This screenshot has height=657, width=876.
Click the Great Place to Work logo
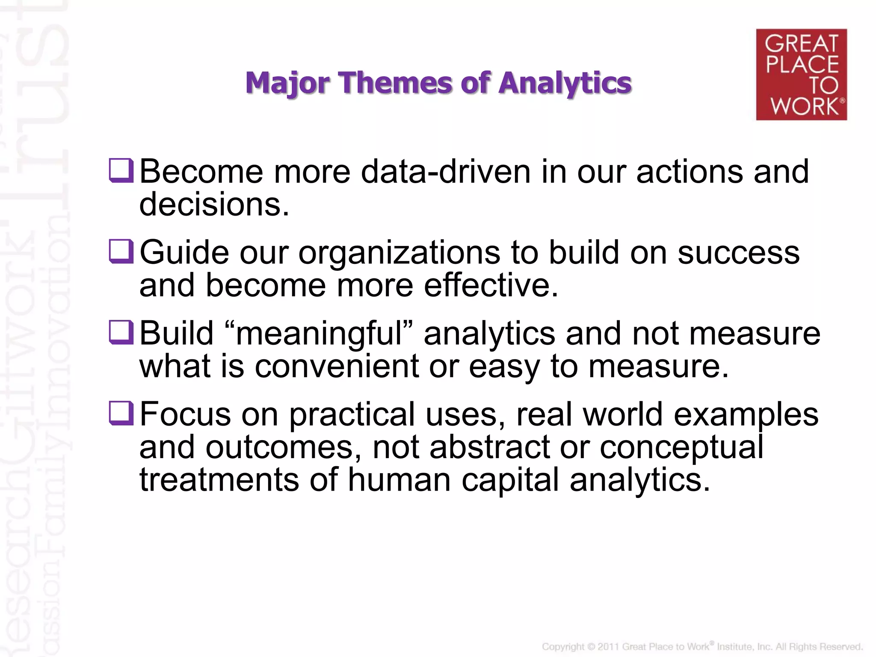click(801, 74)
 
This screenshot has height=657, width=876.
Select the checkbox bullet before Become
click(121, 171)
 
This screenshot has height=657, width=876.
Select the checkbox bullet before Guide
click(121, 252)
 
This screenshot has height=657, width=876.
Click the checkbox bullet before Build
click(121, 332)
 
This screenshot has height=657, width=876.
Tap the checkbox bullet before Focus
click(121, 413)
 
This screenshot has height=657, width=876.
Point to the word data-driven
click(445, 172)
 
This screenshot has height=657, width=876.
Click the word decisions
click(214, 204)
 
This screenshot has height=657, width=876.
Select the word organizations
click(399, 253)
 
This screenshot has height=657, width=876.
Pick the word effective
click(491, 285)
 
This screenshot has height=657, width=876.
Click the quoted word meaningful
click(319, 334)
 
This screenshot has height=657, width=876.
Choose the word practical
click(352, 414)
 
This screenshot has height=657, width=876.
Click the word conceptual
click(681, 447)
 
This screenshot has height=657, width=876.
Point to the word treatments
click(219, 479)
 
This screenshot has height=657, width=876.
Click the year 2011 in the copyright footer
click(608, 647)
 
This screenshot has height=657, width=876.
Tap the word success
click(738, 253)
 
